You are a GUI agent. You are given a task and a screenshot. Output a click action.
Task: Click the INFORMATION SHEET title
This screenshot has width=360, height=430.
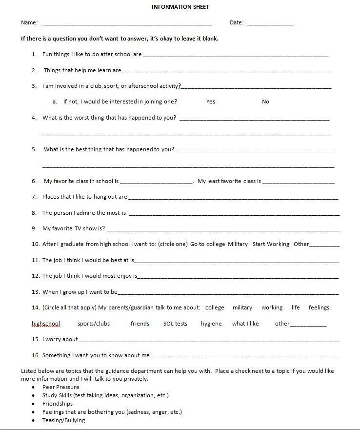180,7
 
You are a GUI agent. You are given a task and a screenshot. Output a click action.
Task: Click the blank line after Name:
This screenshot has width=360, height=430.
127,23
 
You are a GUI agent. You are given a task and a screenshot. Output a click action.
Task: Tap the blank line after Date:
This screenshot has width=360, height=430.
270,23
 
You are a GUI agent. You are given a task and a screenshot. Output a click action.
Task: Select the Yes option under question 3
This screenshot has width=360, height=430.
210,102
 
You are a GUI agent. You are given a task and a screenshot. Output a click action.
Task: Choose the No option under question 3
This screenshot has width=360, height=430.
265,102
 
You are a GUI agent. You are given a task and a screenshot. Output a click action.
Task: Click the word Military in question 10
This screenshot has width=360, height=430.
238,244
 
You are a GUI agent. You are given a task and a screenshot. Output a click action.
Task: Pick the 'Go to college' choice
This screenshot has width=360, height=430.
207,244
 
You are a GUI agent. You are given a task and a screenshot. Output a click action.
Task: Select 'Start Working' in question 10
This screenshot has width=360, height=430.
271,244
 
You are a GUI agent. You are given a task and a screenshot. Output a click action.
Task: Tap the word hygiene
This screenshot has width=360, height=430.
211,324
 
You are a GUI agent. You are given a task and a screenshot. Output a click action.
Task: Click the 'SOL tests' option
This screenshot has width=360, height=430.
175,324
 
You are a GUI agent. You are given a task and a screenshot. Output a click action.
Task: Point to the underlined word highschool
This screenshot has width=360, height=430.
46,324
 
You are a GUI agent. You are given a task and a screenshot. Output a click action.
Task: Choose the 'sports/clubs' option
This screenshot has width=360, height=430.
94,324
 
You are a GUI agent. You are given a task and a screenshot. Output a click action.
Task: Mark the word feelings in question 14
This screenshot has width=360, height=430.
319,307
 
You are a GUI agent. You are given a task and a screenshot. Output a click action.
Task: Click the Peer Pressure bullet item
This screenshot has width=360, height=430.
60,387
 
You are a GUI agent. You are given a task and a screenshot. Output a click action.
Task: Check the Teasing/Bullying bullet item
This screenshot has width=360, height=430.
63,420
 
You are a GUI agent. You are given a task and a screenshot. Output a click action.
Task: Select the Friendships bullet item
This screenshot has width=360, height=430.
58,404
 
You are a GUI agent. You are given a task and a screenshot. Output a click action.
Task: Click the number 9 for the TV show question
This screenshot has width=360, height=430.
34,228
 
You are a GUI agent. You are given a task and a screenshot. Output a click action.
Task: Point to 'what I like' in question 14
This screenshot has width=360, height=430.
245,324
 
